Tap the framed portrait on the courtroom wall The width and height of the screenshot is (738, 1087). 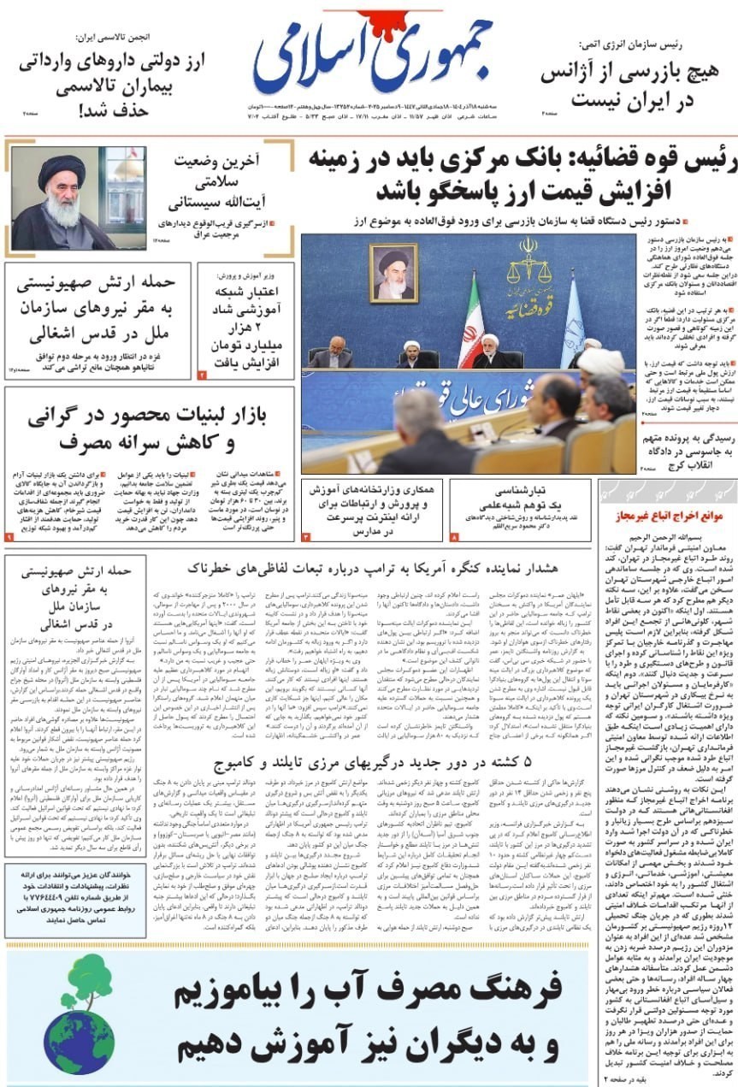click(x=393, y=274)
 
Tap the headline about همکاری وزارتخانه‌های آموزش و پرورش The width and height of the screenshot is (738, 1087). click(x=375, y=508)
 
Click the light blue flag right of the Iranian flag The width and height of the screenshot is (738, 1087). click(x=571, y=325)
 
